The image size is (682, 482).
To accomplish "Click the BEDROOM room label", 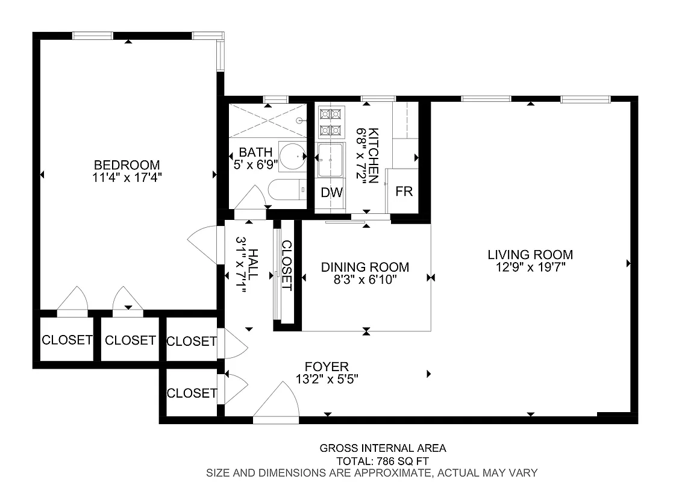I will coord(127,164).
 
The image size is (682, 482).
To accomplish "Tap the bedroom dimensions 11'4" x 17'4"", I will coord(127,177).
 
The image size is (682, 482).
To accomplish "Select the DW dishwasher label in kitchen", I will coord(331,193).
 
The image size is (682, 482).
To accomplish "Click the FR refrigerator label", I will coord(404,192).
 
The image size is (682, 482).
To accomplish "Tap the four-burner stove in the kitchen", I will coord(330,122).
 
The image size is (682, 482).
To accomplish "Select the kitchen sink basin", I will coord(331,160).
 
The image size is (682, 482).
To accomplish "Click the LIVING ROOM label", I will coord(530,255).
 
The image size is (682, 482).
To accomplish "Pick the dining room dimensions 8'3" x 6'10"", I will coord(365,280).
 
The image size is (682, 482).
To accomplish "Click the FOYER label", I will coord(327,366).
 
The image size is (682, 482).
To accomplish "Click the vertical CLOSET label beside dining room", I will coord(287,266).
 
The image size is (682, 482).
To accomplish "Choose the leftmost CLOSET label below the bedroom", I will coord(67,340).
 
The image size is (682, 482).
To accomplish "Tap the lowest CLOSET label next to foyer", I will coord(192,393).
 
